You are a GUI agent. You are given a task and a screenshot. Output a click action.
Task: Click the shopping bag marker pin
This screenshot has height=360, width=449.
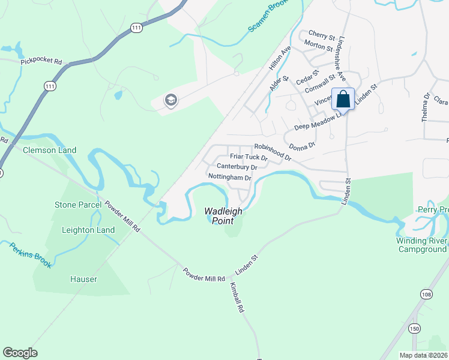point(343,100)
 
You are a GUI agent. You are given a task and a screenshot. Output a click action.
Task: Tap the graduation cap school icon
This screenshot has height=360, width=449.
point(170,100)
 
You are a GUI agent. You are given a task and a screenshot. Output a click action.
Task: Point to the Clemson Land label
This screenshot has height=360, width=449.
point(50,151)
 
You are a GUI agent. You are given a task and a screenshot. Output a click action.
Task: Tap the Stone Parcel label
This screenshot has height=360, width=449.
point(78,205)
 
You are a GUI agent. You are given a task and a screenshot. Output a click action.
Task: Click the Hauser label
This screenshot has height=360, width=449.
point(83,279)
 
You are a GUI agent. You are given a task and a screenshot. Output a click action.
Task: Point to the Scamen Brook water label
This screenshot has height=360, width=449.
point(270,20)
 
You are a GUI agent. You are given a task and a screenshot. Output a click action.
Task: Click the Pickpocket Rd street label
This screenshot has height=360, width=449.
point(41,61)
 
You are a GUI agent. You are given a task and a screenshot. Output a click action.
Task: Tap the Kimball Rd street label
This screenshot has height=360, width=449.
point(236,299)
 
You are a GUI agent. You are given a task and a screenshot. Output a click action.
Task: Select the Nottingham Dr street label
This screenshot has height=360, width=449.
point(229,178)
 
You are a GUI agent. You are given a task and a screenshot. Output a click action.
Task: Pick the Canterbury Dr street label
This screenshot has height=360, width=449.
point(237,167)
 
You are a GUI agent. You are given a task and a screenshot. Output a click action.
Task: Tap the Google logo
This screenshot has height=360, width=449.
point(20,353)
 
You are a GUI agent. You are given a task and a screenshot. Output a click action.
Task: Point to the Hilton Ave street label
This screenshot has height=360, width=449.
point(280,56)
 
